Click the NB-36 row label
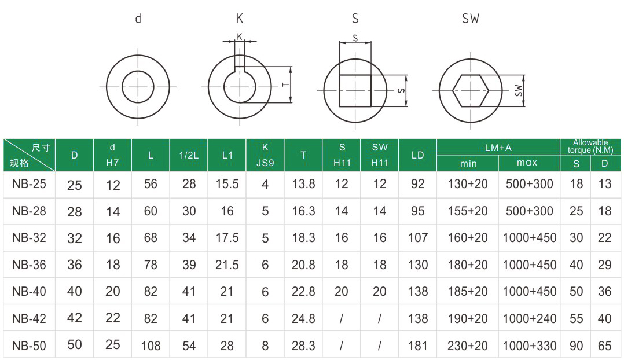(x=29, y=265)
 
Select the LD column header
(x=417, y=155)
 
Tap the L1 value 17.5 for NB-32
(x=227, y=237)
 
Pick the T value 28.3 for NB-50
(x=303, y=346)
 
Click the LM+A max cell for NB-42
(x=529, y=318)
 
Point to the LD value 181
(x=417, y=346)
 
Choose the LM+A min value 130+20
(x=468, y=184)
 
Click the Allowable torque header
(x=590, y=146)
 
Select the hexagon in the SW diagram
(x=471, y=91)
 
